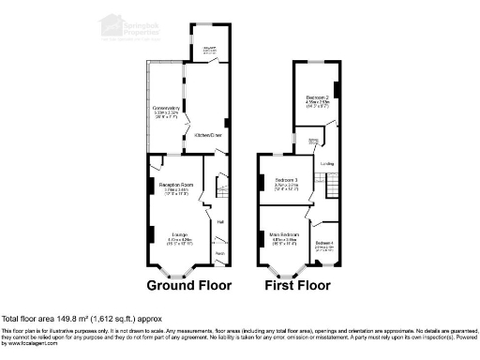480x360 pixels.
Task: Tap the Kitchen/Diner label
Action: click(208, 136)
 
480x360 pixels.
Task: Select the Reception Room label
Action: click(174, 185)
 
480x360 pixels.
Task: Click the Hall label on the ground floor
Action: click(220, 221)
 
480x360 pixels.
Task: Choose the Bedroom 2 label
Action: click(315, 97)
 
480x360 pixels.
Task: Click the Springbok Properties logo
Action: click(141, 25)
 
